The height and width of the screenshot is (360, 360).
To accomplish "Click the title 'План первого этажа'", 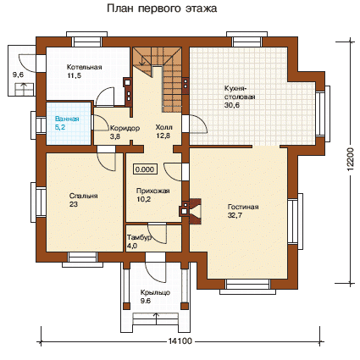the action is point(162,8).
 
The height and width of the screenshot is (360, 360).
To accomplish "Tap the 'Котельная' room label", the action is point(85,67).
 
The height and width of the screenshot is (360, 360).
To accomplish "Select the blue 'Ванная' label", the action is point(67,119).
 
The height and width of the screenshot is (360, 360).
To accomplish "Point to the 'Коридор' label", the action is point(125,128).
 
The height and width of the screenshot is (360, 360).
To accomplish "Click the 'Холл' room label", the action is point(163,127).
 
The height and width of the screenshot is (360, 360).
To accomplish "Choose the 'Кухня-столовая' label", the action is point(240,92).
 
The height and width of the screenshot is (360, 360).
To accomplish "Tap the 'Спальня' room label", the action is point(83,196).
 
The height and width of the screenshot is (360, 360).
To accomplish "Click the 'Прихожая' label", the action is point(153,191).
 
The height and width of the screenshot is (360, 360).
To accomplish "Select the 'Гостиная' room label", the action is point(243,207).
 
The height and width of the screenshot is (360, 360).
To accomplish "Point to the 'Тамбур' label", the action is point(139,237).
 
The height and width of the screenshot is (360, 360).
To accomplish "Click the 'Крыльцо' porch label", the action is point(155,292).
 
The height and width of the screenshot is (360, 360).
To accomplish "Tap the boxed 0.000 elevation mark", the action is point(145,169).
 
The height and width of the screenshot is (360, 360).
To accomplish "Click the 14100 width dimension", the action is point(180,341).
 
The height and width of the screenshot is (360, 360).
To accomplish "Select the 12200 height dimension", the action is point(351,159).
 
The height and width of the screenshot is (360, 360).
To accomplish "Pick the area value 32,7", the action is point(235,215).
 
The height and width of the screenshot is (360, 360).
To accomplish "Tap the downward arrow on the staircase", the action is point(142,60).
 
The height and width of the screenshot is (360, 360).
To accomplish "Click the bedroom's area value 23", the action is point(74,204).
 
